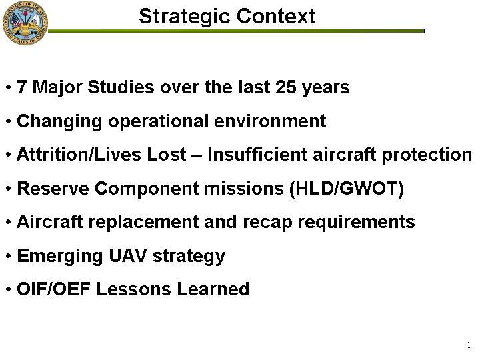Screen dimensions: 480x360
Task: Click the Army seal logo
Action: coord(25,23)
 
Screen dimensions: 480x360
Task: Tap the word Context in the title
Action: coord(276,16)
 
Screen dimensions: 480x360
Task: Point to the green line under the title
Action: coord(236,31)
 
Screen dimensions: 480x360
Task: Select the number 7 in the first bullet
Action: coord(21,87)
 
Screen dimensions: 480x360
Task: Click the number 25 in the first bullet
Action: coord(285,87)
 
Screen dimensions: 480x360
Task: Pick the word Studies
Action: coord(121,87)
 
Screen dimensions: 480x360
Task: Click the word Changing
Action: coord(59,122)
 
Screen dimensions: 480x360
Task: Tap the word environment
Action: coord(270,121)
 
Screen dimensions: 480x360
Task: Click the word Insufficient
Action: coord(257,154)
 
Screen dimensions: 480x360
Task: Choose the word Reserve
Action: coord(53,188)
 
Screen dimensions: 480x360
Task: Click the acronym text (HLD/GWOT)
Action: coord(347,189)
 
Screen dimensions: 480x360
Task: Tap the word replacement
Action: coord(143,223)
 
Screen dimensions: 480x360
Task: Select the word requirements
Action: coord(356,223)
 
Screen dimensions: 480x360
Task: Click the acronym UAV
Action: coord(127,255)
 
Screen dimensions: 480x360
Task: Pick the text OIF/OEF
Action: coord(53,289)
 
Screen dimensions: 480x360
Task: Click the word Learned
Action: coord(213,289)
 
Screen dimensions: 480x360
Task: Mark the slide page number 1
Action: coord(469,345)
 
